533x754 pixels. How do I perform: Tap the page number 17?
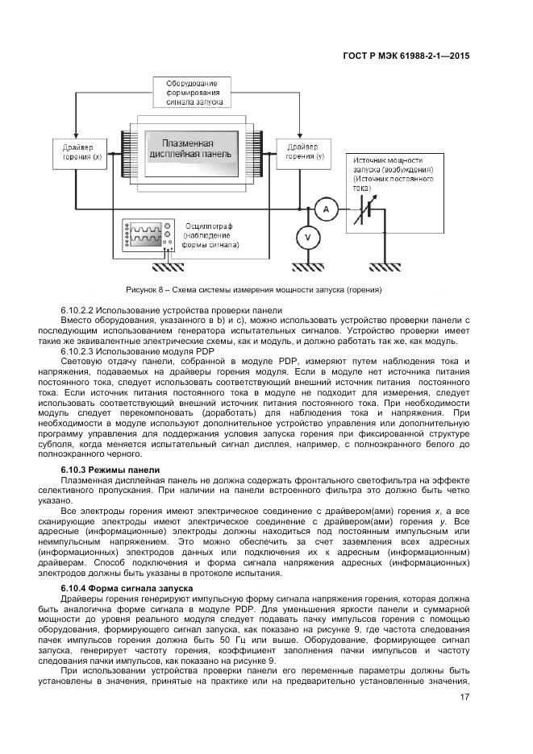[x=465, y=698]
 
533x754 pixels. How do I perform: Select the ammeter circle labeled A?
[x=326, y=209]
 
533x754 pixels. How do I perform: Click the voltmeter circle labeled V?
[x=306, y=237]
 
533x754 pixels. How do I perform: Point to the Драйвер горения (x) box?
[x=77, y=152]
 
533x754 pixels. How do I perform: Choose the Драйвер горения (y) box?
[x=299, y=152]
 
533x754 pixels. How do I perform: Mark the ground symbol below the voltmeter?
[x=306, y=267]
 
